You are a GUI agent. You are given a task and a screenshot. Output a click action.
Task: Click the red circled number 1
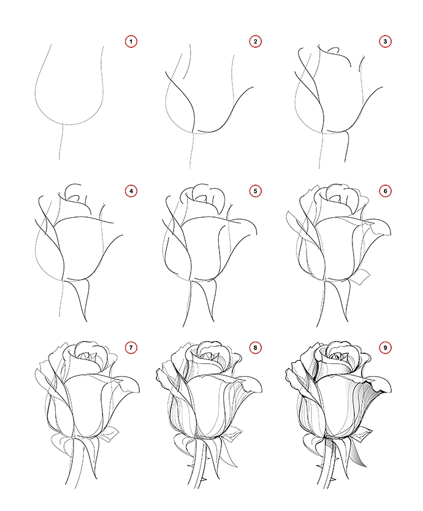click(131, 41)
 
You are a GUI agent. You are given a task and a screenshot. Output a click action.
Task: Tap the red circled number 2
click(255, 41)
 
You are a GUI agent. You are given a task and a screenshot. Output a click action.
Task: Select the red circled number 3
click(385, 41)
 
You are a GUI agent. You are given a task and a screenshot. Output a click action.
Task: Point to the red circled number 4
click(131, 191)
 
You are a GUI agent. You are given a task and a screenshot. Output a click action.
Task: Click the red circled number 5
click(255, 191)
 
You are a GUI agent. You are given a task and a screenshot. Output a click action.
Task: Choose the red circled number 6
click(385, 191)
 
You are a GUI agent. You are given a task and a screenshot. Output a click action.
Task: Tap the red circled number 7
click(131, 348)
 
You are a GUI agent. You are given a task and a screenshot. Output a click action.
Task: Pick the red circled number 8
click(255, 348)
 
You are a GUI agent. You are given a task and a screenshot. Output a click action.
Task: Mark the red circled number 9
click(385, 348)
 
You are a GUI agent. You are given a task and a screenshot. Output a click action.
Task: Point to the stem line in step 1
click(61, 142)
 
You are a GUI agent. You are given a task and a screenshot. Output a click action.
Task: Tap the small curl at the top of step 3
click(333, 50)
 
